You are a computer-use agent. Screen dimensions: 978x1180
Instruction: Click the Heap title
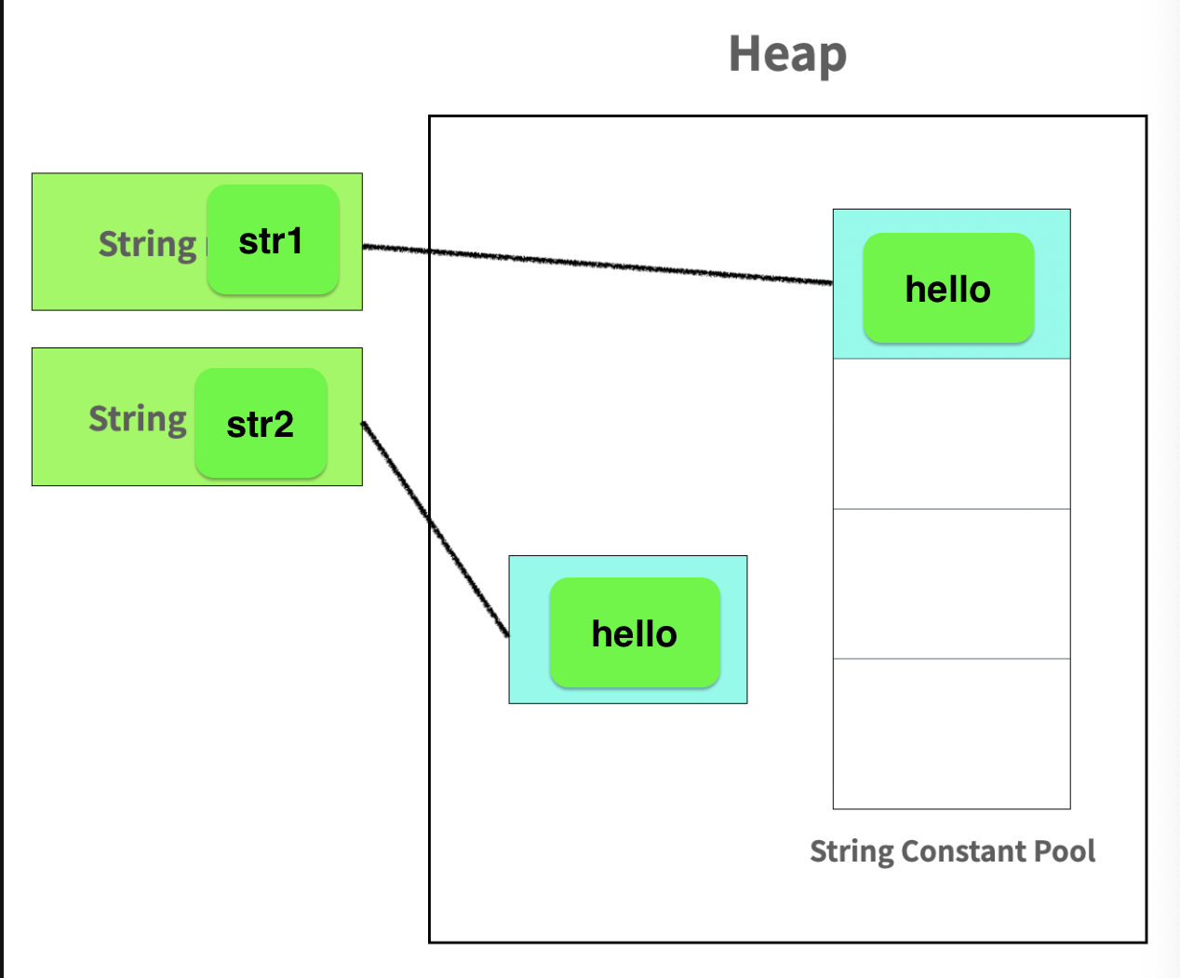click(787, 54)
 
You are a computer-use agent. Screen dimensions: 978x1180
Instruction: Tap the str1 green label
click(273, 240)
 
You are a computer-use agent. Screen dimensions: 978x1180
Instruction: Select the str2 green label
click(261, 424)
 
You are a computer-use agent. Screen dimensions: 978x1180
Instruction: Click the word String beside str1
click(147, 244)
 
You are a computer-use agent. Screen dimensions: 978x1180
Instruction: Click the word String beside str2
click(138, 419)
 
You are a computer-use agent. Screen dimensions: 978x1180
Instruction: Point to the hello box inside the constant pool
click(948, 289)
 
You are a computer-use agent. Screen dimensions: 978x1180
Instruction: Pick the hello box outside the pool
click(635, 633)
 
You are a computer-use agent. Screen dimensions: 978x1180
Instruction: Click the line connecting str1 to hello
click(596, 265)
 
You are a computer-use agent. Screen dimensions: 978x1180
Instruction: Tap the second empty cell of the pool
click(951, 434)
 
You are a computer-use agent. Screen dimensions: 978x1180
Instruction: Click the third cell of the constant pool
click(951, 584)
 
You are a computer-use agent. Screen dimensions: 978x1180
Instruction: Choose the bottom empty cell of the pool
click(951, 734)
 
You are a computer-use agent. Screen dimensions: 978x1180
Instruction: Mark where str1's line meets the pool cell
click(832, 282)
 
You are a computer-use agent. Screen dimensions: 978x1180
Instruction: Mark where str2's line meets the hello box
click(508, 635)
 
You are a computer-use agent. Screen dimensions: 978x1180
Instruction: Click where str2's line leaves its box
click(363, 424)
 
